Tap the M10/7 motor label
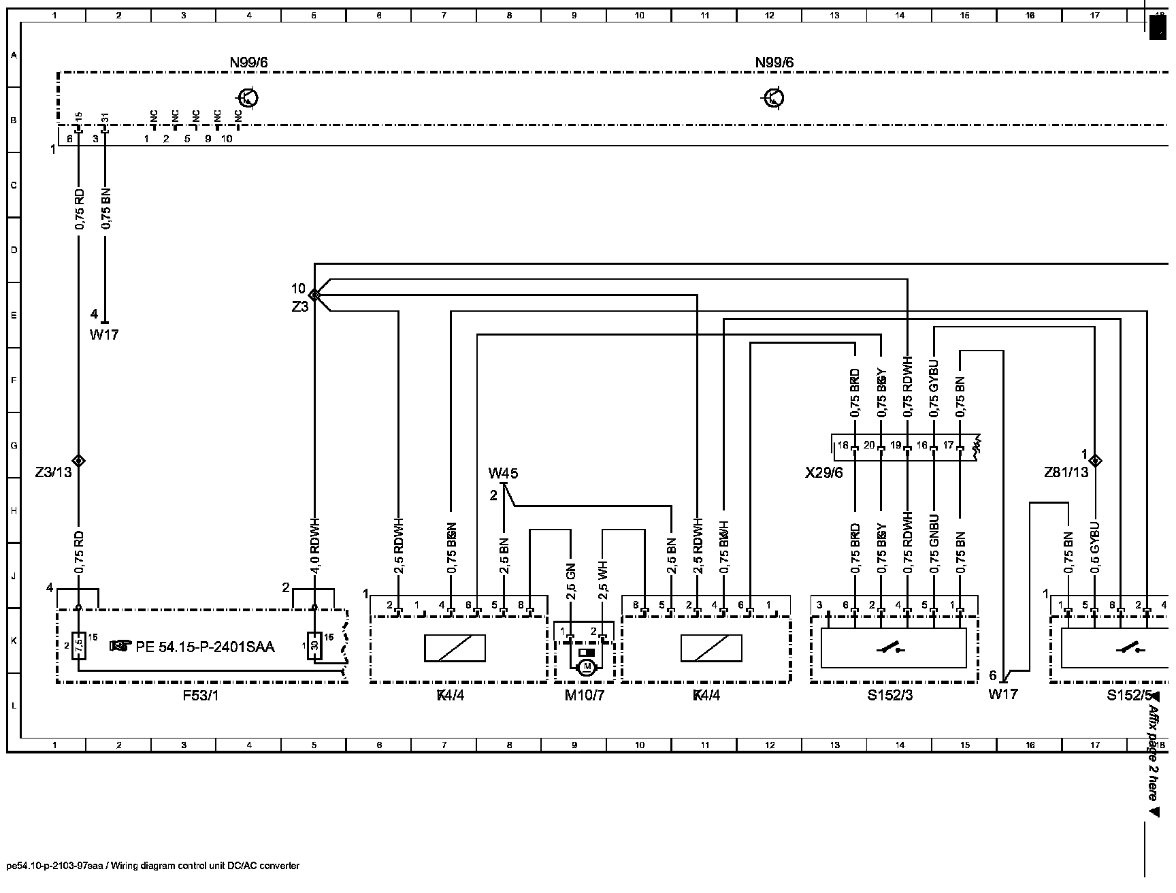(x=584, y=696)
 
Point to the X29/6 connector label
(x=823, y=472)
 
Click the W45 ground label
(x=504, y=473)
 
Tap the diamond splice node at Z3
(x=314, y=295)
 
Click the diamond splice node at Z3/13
(x=78, y=461)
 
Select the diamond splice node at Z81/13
(x=1095, y=460)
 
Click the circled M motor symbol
(x=586, y=668)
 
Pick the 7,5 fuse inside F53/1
(x=78, y=645)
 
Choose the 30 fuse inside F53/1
(x=314, y=645)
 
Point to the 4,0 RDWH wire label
(x=314, y=546)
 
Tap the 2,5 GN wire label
(x=571, y=581)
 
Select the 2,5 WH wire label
(x=603, y=581)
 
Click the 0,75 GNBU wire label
(x=934, y=545)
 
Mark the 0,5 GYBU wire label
(x=1094, y=549)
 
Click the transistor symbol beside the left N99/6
(x=248, y=98)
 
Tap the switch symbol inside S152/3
(x=894, y=649)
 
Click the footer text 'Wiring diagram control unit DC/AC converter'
(x=205, y=866)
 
